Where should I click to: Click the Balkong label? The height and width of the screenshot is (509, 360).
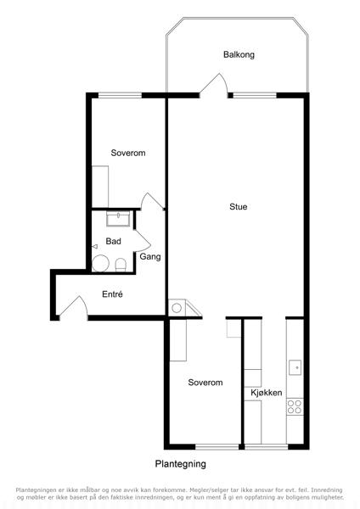point(239,54)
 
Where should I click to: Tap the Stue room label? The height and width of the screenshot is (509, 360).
point(238,206)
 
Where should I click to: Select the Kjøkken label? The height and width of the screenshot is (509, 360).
point(266,393)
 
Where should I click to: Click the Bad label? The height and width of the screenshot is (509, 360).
point(114,241)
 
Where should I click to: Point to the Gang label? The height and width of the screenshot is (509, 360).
point(150,256)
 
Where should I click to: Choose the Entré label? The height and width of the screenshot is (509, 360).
point(112,294)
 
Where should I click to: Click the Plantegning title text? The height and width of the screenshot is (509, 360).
point(180,464)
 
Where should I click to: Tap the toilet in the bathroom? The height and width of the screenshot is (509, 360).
point(121,265)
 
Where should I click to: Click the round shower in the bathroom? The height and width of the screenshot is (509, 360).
point(100,263)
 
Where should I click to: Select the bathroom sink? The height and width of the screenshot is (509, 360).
point(118,219)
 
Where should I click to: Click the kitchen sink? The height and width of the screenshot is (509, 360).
point(295,367)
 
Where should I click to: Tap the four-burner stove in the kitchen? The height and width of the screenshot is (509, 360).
point(295,406)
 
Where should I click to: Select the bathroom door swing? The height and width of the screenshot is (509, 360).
point(143,241)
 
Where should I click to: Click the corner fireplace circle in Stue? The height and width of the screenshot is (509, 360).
point(177,308)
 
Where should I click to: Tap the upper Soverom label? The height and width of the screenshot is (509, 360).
point(128,153)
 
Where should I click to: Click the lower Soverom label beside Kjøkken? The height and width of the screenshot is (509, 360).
point(205,383)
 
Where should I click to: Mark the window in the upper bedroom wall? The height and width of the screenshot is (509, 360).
point(121,95)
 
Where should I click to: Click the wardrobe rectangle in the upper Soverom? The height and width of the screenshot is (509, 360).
point(100,187)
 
